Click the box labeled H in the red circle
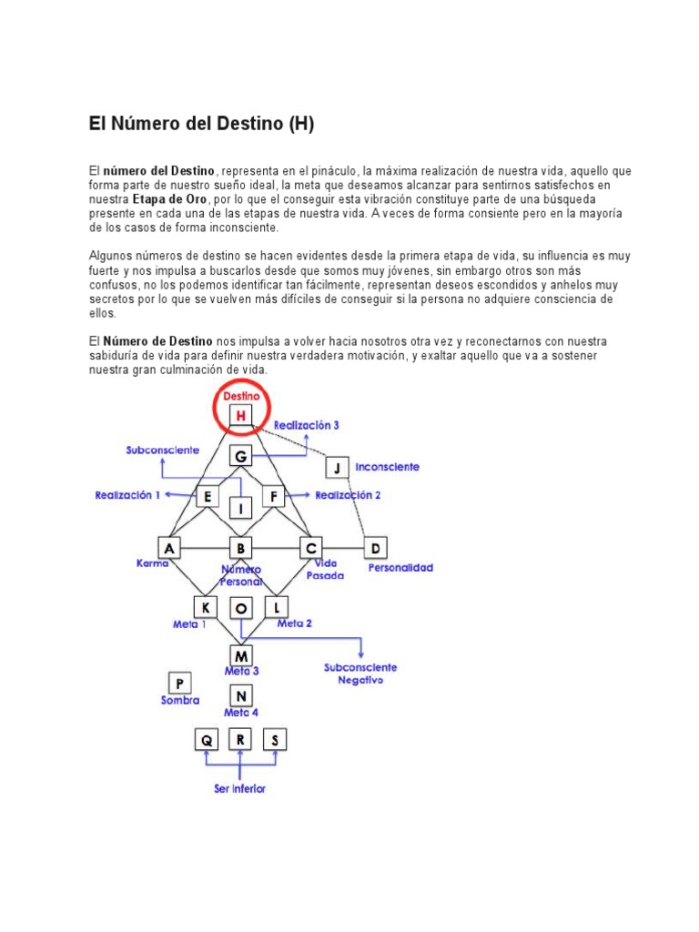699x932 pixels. pyautogui.click(x=241, y=416)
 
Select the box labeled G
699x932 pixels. pyautogui.click(x=241, y=455)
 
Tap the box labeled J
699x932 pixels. pyautogui.click(x=338, y=468)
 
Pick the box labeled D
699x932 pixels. pyautogui.click(x=375, y=548)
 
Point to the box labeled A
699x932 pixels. pyautogui.click(x=169, y=548)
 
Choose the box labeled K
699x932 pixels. pyautogui.click(x=206, y=606)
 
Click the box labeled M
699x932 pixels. pyautogui.click(x=241, y=655)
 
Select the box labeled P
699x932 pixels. pyautogui.click(x=179, y=683)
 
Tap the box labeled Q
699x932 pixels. pyautogui.click(x=207, y=739)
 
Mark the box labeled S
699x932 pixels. pyautogui.click(x=275, y=739)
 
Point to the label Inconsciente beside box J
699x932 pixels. pyautogui.click(x=388, y=467)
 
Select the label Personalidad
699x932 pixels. pyautogui.click(x=400, y=568)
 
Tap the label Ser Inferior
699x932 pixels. pyautogui.click(x=240, y=789)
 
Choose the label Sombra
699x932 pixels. pyautogui.click(x=179, y=702)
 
